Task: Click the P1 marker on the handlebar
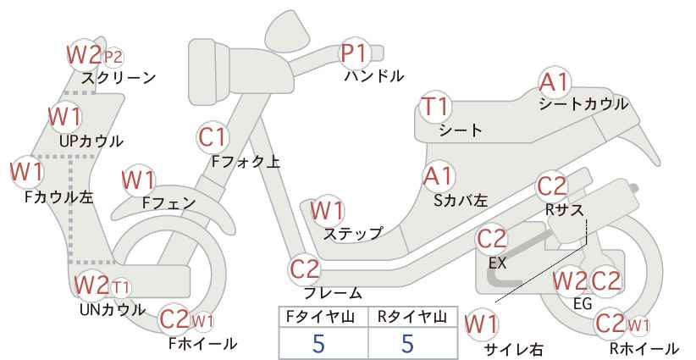pos(354,53)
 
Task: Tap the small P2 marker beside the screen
pos(113,58)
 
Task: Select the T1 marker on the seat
pos(436,107)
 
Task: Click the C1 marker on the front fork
pos(213,136)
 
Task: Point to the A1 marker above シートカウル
pos(554,82)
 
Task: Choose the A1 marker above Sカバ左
pos(438,176)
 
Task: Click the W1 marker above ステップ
pos(327,210)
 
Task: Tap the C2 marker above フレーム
pos(305,269)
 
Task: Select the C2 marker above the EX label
pos(491,239)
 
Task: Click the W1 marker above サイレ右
pos(481,324)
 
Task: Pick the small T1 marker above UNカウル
pos(120,288)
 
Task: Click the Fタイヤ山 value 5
pos(318,343)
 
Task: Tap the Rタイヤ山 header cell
pos(412,317)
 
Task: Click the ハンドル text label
pos(374,76)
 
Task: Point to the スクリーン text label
pos(118,78)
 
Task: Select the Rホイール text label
pos(644,348)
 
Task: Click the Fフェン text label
pos(168,203)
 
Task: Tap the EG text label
pos(583,303)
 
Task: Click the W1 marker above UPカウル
pos(65,116)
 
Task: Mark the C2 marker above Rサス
pos(552,186)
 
